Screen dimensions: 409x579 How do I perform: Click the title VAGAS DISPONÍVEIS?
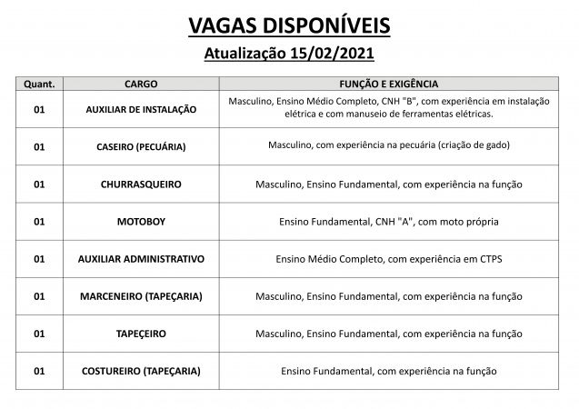289,25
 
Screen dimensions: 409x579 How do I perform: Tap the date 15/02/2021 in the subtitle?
338,55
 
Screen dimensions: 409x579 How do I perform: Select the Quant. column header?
38,83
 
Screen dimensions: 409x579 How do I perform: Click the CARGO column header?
141,83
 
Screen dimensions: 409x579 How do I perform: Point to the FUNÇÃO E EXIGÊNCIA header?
389,83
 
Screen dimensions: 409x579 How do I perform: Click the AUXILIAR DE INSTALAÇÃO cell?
141,108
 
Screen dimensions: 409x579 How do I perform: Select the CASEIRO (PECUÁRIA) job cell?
141,145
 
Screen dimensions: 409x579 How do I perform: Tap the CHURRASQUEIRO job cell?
141,184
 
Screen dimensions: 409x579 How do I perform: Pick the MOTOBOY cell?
141,221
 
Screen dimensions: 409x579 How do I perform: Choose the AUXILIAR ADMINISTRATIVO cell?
141,258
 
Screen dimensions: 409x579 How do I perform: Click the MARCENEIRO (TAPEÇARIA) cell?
141,295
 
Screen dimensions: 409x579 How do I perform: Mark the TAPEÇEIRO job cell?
141,334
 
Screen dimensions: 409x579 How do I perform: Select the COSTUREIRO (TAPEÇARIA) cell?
141,371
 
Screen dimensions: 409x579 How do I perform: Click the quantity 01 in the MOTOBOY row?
38,221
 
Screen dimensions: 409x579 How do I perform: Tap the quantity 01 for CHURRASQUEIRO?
38,184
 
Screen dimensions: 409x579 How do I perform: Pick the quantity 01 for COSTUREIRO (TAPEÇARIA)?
38,371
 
